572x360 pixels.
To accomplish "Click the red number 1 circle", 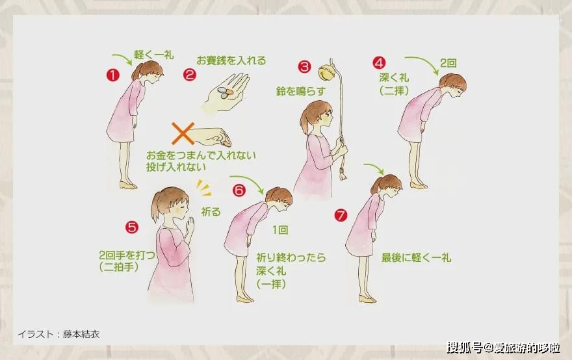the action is [x=112, y=75].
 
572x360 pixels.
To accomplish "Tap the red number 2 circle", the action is [x=189, y=75].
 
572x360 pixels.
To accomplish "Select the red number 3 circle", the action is [x=304, y=66].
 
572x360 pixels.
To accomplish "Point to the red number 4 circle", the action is [x=380, y=63].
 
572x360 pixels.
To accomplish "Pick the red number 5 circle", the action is [x=132, y=227].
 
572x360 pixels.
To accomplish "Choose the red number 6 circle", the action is [x=239, y=190].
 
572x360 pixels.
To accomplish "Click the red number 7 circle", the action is [x=341, y=215].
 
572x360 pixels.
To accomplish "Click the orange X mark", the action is [x=183, y=133].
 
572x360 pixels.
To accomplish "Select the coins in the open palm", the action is [x=225, y=92].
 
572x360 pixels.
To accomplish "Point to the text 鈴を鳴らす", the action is [x=300, y=91].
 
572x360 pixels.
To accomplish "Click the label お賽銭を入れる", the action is [x=231, y=60].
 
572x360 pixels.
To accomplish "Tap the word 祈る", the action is [x=211, y=212].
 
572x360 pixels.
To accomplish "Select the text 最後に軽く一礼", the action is [x=416, y=257].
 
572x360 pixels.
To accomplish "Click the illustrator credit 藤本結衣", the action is [x=81, y=334].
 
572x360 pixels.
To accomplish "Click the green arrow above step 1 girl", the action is [x=123, y=58].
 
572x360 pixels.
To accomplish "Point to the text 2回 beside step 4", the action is [x=448, y=63].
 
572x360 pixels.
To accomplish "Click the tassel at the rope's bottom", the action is [x=342, y=174].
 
